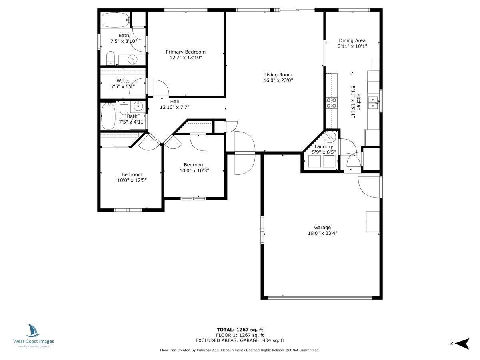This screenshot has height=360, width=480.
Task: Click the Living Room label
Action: [278, 75]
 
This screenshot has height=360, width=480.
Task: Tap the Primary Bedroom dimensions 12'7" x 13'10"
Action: [186, 58]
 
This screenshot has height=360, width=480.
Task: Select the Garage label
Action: [322, 228]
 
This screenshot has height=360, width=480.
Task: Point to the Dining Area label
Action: [352, 40]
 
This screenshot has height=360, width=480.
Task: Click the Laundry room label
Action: [324, 147]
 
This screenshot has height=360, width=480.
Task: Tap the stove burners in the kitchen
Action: [331, 103]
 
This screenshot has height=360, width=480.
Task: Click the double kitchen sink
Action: [373, 103]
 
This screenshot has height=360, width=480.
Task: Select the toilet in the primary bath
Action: [110, 58]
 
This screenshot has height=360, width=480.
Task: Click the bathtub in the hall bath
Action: [108, 116]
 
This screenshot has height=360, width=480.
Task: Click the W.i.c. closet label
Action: [123, 81]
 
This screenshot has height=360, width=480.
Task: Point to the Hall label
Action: [174, 102]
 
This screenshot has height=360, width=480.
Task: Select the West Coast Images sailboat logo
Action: [32, 330]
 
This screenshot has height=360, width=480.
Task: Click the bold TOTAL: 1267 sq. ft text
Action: [240, 330]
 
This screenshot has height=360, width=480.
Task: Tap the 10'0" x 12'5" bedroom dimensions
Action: [132, 180]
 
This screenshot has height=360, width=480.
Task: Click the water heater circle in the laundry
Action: [330, 137]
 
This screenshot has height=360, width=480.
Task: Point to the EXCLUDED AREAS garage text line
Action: [240, 340]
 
